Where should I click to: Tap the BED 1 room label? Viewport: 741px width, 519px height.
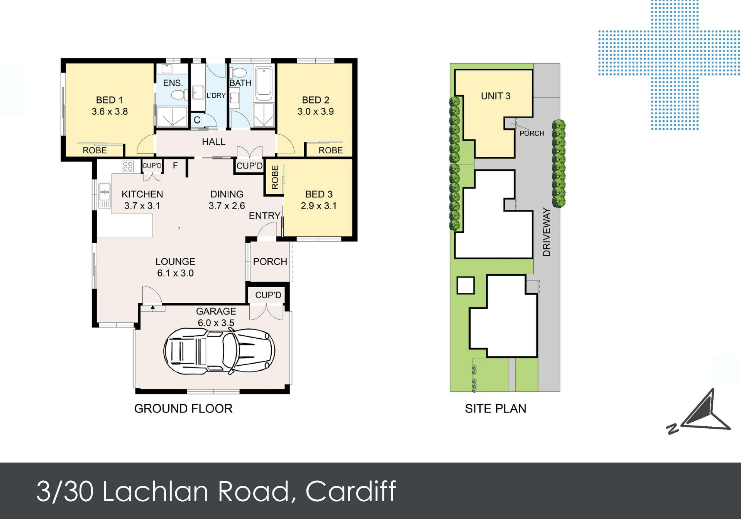point(109,100)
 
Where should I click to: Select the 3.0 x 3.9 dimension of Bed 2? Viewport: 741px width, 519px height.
point(315,112)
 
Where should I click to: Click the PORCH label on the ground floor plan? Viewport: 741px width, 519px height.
point(270,261)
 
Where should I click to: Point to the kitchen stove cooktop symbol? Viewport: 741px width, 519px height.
point(128,166)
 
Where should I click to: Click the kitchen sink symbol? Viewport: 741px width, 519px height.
point(104,195)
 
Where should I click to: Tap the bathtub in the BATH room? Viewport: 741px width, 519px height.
point(264,81)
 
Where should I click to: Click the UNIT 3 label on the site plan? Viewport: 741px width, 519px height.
point(496,96)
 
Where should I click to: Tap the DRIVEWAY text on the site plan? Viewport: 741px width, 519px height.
point(546,232)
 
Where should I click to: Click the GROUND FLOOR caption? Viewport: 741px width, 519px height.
point(183,409)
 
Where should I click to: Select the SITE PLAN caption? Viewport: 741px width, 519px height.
point(496,409)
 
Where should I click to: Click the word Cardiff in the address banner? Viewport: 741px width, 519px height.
point(351,491)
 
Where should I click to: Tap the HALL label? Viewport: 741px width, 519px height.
point(213,142)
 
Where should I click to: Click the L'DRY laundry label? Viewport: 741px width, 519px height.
point(216,95)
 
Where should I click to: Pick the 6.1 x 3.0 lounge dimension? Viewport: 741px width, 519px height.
point(175,273)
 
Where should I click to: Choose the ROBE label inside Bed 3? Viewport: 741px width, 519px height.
point(275,177)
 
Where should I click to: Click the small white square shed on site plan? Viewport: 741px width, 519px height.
point(465,286)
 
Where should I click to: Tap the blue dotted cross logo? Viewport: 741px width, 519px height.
point(670,65)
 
